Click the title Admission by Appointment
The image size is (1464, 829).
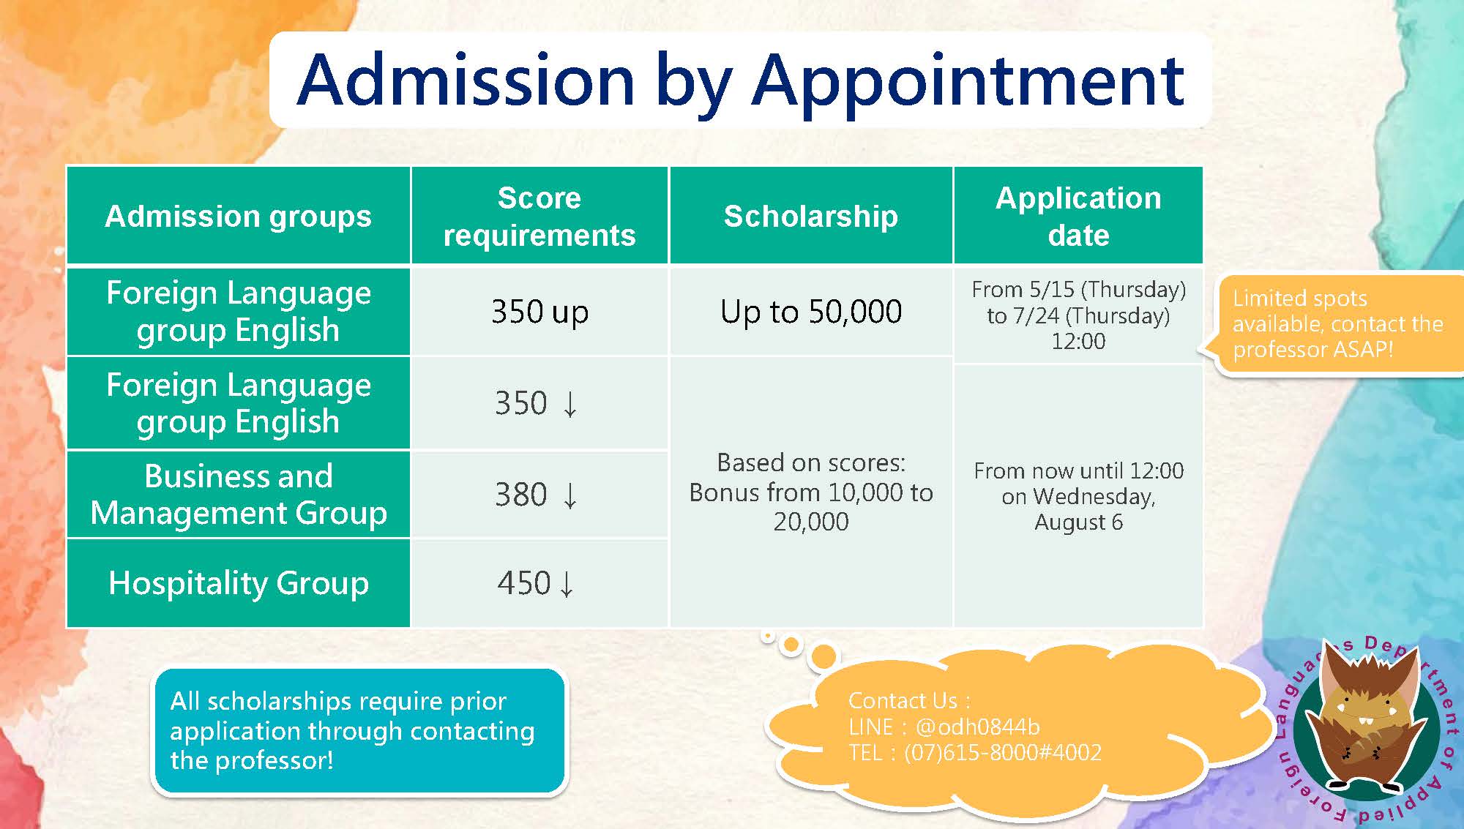point(740,81)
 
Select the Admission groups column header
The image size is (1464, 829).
point(239,216)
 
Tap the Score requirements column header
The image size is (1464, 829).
point(539,216)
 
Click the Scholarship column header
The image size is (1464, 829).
point(811,216)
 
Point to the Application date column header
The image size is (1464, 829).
point(1078,216)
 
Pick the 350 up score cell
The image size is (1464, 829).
point(539,312)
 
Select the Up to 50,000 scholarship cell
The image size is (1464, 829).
point(811,312)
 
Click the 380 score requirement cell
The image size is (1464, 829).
point(539,495)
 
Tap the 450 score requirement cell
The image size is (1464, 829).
point(539,584)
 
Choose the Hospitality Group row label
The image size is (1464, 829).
point(239,584)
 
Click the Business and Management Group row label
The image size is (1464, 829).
point(239,495)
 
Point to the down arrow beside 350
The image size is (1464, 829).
point(570,404)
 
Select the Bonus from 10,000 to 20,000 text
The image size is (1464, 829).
point(811,507)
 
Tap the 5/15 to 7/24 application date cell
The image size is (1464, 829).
point(1078,315)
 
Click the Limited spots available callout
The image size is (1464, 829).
point(1336,324)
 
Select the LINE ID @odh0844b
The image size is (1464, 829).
point(977,727)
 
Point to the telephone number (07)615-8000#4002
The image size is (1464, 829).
point(1002,753)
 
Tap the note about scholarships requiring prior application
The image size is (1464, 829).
point(359,731)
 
